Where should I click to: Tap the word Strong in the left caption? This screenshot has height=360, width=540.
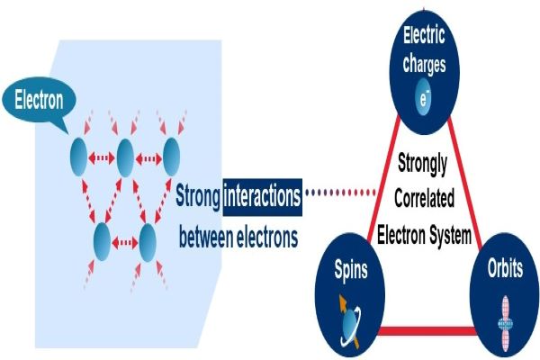[x=197, y=196]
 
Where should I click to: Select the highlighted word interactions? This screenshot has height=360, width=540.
[x=260, y=196]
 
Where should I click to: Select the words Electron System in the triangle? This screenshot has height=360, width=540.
[x=424, y=238]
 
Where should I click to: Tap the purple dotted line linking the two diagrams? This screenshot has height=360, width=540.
[x=340, y=193]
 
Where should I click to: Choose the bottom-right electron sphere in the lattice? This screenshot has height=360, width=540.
[x=147, y=241]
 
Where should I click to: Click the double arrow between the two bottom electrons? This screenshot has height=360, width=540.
[x=125, y=241]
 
